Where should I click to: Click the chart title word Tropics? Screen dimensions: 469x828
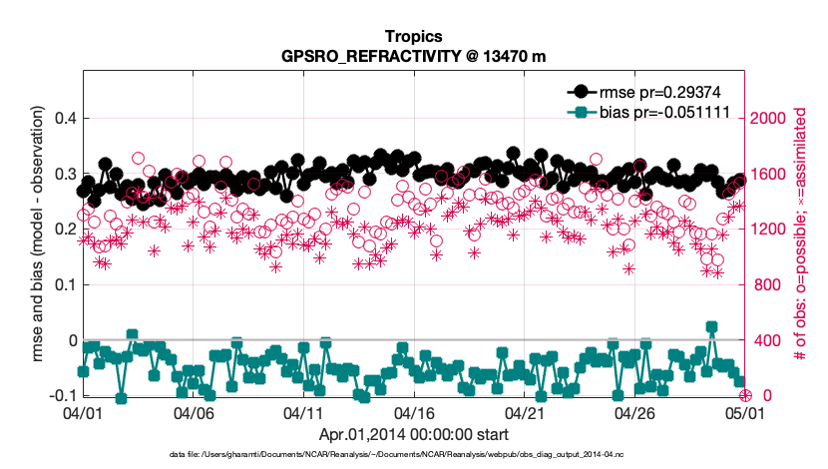(413, 36)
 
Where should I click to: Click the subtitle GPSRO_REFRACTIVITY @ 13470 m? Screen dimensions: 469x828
(413, 57)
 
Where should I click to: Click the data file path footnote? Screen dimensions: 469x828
(413, 454)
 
